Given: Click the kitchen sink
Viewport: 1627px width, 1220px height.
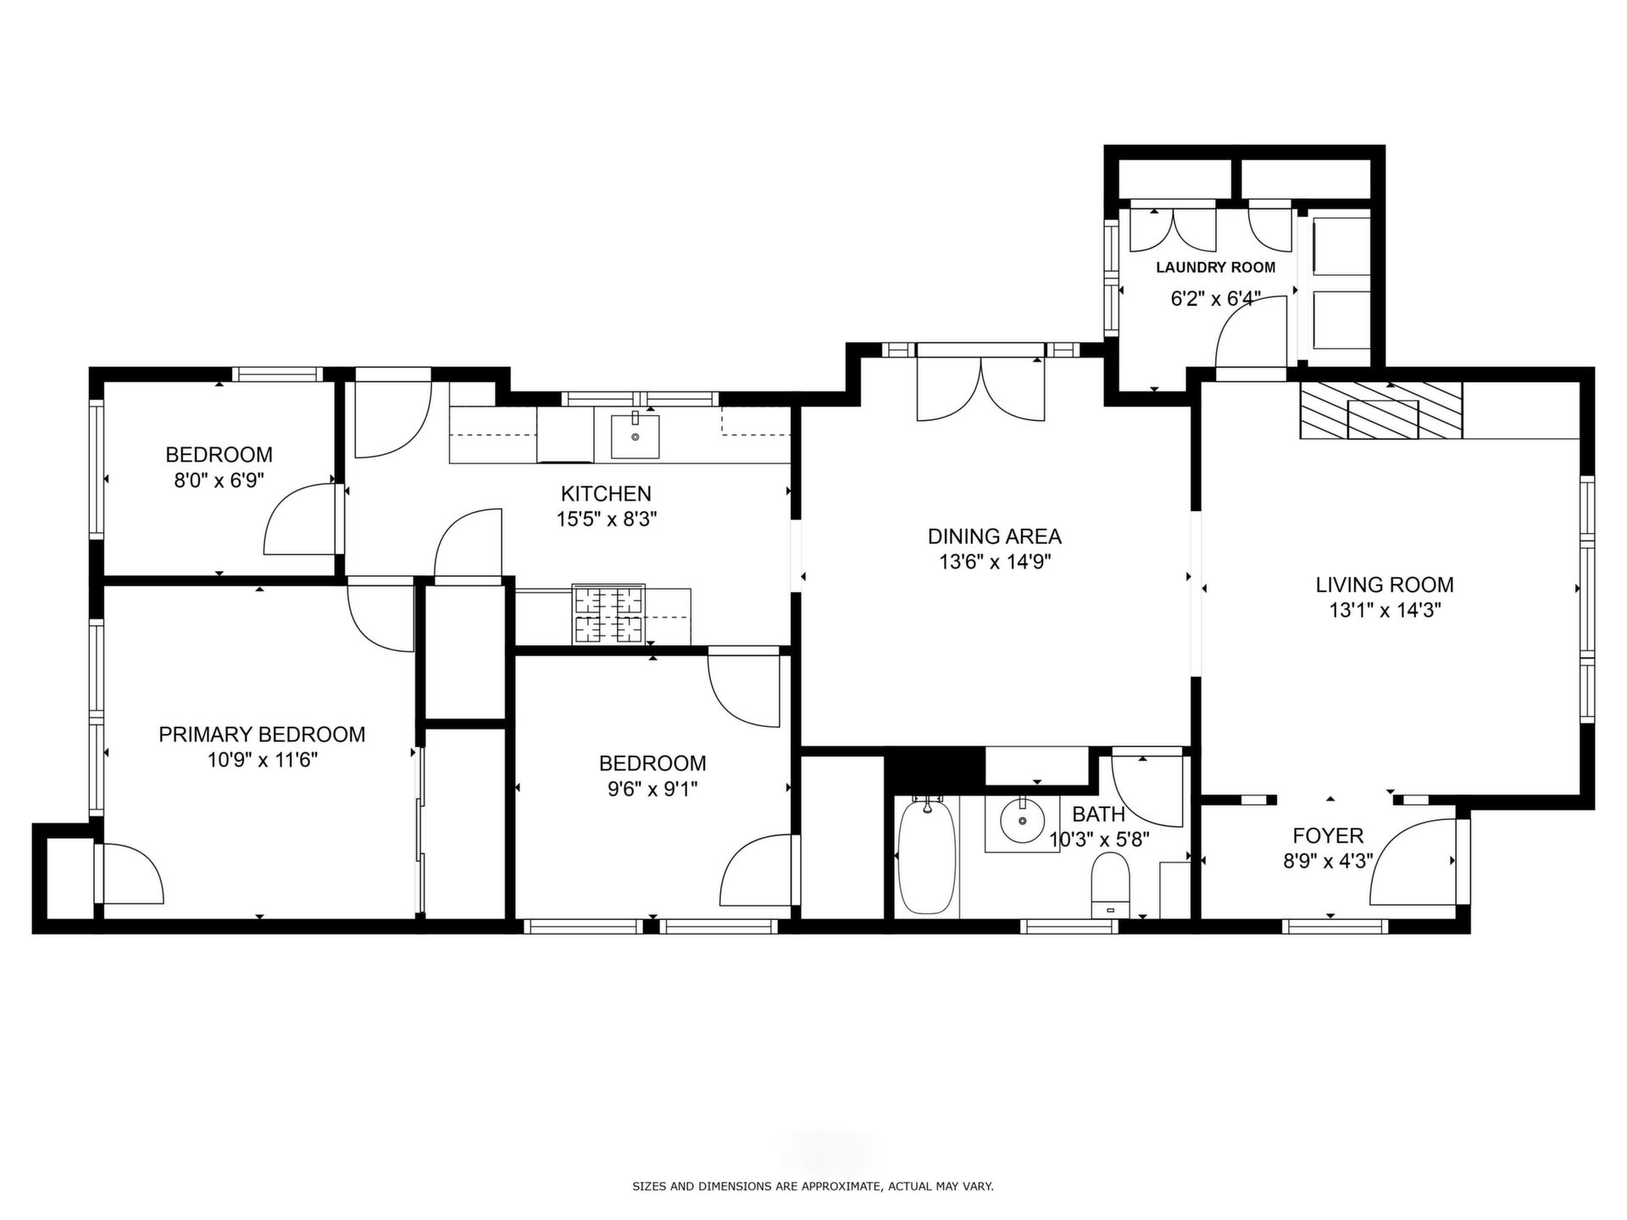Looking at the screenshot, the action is pyautogui.click(x=635, y=433).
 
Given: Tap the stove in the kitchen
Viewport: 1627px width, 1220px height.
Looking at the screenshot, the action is pyautogui.click(x=608, y=614).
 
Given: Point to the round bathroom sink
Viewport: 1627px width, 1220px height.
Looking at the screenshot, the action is pyautogui.click(x=1022, y=819).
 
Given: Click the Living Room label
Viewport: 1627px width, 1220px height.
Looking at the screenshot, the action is pyautogui.click(x=1385, y=585).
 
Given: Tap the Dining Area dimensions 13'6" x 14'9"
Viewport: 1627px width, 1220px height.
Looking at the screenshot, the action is pyautogui.click(x=995, y=562).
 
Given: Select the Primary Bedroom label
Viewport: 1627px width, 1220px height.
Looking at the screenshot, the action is pyautogui.click(x=262, y=735).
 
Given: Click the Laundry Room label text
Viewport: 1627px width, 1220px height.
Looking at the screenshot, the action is pyautogui.click(x=1215, y=268).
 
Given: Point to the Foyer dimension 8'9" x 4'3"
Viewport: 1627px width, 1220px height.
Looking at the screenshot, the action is pyautogui.click(x=1328, y=862).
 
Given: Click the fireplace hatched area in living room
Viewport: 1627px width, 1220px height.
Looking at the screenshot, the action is pyautogui.click(x=1381, y=411).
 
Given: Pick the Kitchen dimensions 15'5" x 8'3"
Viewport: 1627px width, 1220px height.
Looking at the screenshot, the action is pyautogui.click(x=607, y=518).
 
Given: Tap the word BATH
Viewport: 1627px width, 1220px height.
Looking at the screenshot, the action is pyautogui.click(x=1098, y=815).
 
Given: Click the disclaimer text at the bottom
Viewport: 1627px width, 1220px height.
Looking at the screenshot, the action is pyautogui.click(x=813, y=1187).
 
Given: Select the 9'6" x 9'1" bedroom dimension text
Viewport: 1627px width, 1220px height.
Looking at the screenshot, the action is pyautogui.click(x=652, y=790).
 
